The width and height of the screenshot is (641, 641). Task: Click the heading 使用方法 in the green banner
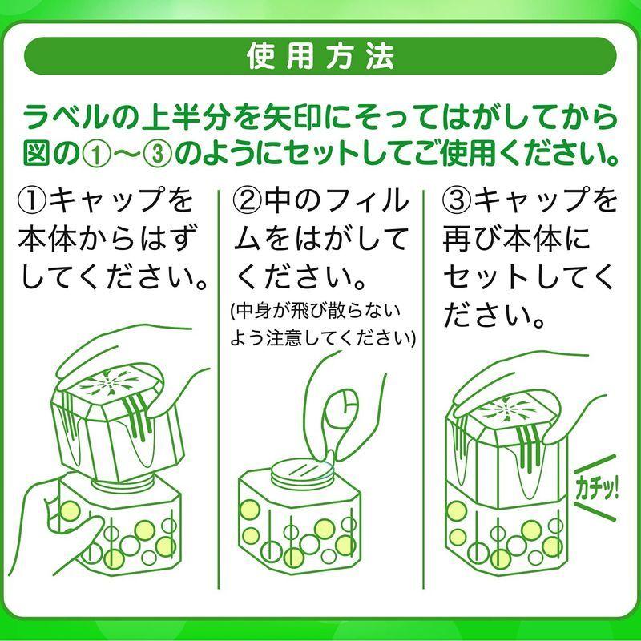pyautogui.click(x=320, y=56)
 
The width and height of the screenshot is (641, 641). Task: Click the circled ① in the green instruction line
pyautogui.click(x=83, y=150)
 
